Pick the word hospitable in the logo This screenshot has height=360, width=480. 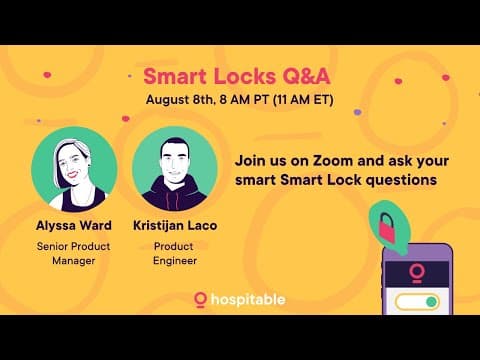[248, 299]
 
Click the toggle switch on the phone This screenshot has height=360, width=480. [416, 301]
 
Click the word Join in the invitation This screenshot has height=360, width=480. [250, 161]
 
